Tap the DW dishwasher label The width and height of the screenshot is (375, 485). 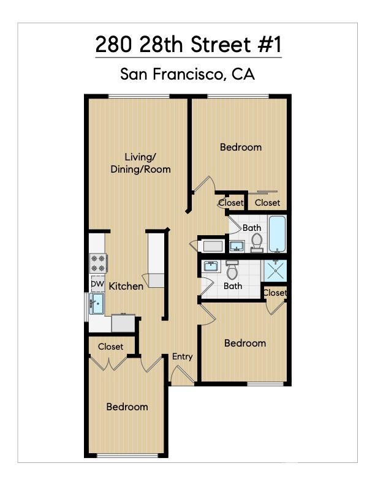coord(97,284)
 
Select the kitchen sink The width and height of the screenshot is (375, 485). coord(97,303)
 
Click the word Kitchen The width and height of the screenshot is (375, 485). coord(126,286)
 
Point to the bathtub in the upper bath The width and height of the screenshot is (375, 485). coord(278,234)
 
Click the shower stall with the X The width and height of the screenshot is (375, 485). coord(275,270)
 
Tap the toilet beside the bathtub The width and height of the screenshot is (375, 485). coord(257,243)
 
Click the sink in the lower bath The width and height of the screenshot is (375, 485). coord(211,267)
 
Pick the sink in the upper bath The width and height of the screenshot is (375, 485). coord(237,247)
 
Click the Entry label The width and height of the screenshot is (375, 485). coord(183,356)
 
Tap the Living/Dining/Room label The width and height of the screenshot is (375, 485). coord(140,163)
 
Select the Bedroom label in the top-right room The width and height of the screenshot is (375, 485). coord(241,147)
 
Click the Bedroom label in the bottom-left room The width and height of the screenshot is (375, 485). coord(127,407)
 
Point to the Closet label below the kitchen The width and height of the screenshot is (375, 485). coord(110,347)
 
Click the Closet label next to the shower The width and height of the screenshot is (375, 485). coord(275,293)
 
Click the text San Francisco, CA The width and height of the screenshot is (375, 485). coord(187,74)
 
